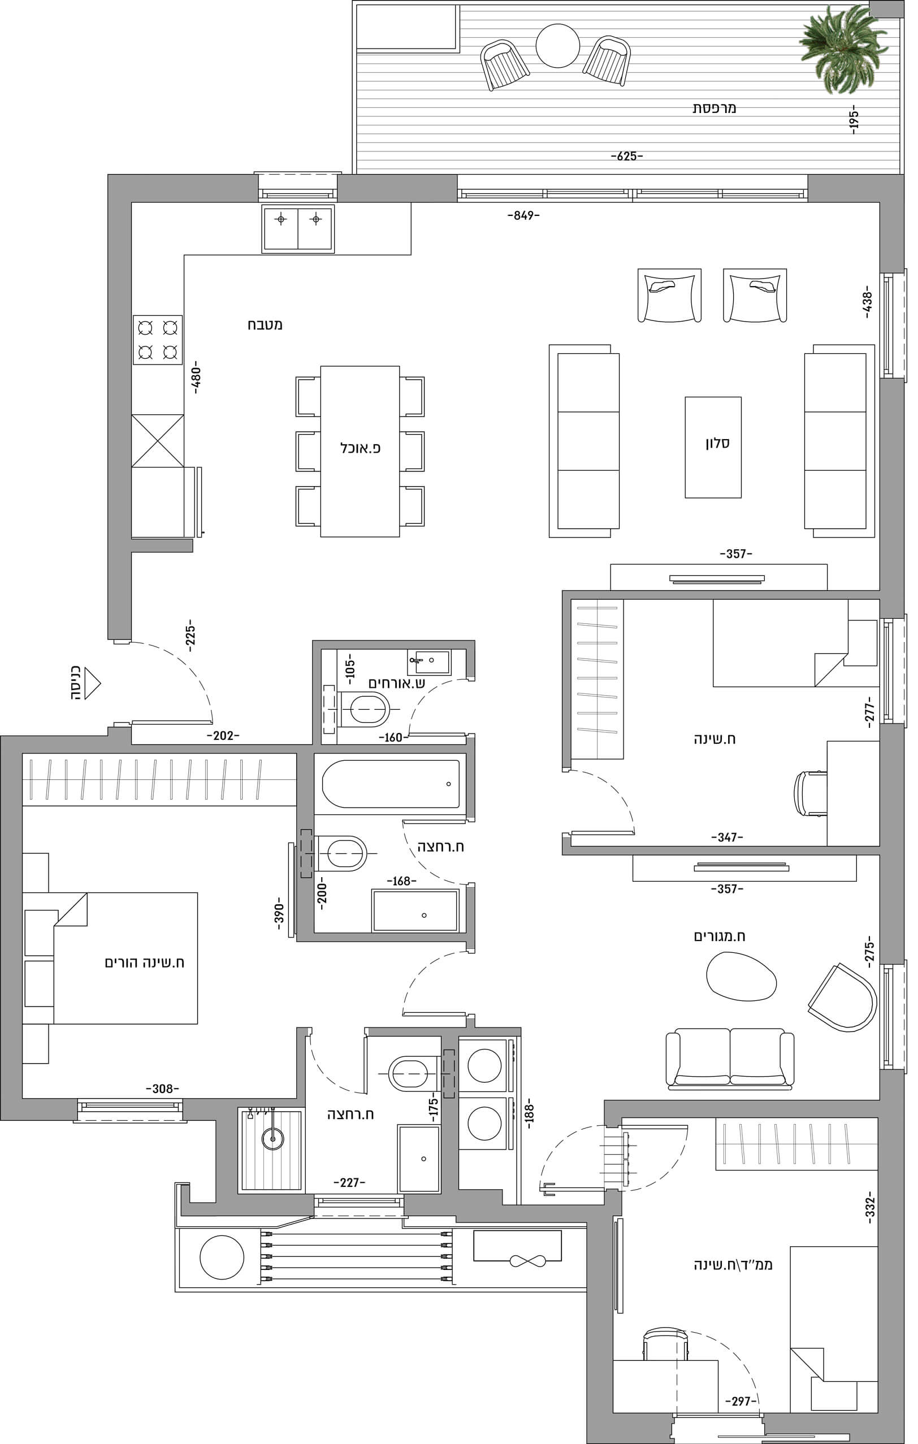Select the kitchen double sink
pyautogui.click(x=298, y=228)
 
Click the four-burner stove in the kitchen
pyautogui.click(x=158, y=340)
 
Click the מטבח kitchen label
pyautogui.click(x=265, y=324)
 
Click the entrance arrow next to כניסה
pyautogui.click(x=92, y=683)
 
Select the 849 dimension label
pyautogui.click(x=523, y=215)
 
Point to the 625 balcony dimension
pyautogui.click(x=626, y=156)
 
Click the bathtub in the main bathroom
pyautogui.click(x=391, y=784)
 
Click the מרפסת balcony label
pyautogui.click(x=714, y=108)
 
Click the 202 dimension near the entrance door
pyautogui.click(x=223, y=735)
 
